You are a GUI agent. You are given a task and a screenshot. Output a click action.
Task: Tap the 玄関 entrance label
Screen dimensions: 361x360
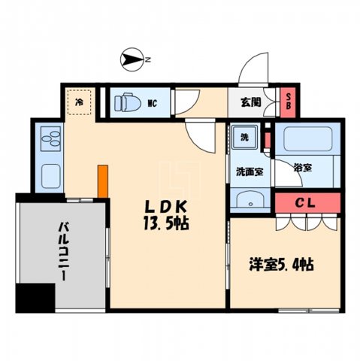click(x=250, y=102)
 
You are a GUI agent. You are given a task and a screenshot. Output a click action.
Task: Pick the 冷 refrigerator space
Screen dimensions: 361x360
click(x=79, y=100)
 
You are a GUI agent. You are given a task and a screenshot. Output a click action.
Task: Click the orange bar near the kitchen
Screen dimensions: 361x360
click(x=101, y=180)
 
